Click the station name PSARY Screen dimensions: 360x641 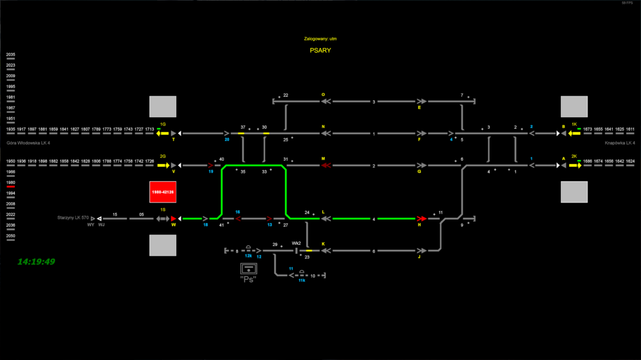320,50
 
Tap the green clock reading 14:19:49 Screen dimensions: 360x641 36,262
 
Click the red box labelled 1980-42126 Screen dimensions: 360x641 163,192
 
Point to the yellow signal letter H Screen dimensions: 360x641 420,225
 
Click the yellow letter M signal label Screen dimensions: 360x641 323,158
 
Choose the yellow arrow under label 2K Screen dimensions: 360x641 574,165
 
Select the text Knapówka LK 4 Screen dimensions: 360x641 619,143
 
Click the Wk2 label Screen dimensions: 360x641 296,243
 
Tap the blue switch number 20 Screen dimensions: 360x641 227,139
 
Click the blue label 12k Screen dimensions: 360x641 247,256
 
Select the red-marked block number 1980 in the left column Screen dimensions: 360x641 10,183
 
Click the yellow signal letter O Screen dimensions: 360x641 323,94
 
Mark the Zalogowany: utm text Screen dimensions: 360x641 320,39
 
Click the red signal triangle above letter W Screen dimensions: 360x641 173,218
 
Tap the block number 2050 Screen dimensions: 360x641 10,236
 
